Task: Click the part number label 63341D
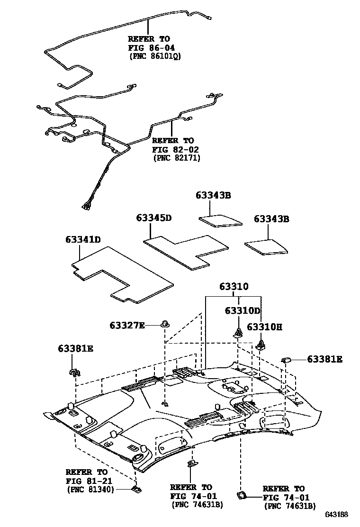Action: click(x=83, y=239)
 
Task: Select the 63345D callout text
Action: click(x=153, y=218)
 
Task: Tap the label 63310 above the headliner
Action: click(x=234, y=287)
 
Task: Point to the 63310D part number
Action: click(x=243, y=311)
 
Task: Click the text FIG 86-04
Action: click(x=149, y=47)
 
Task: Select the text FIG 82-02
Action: click(x=172, y=149)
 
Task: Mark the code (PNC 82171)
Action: click(x=177, y=158)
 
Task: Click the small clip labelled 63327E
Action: click(x=165, y=325)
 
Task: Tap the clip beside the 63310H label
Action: click(x=261, y=344)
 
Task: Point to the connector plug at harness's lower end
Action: click(x=87, y=206)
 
